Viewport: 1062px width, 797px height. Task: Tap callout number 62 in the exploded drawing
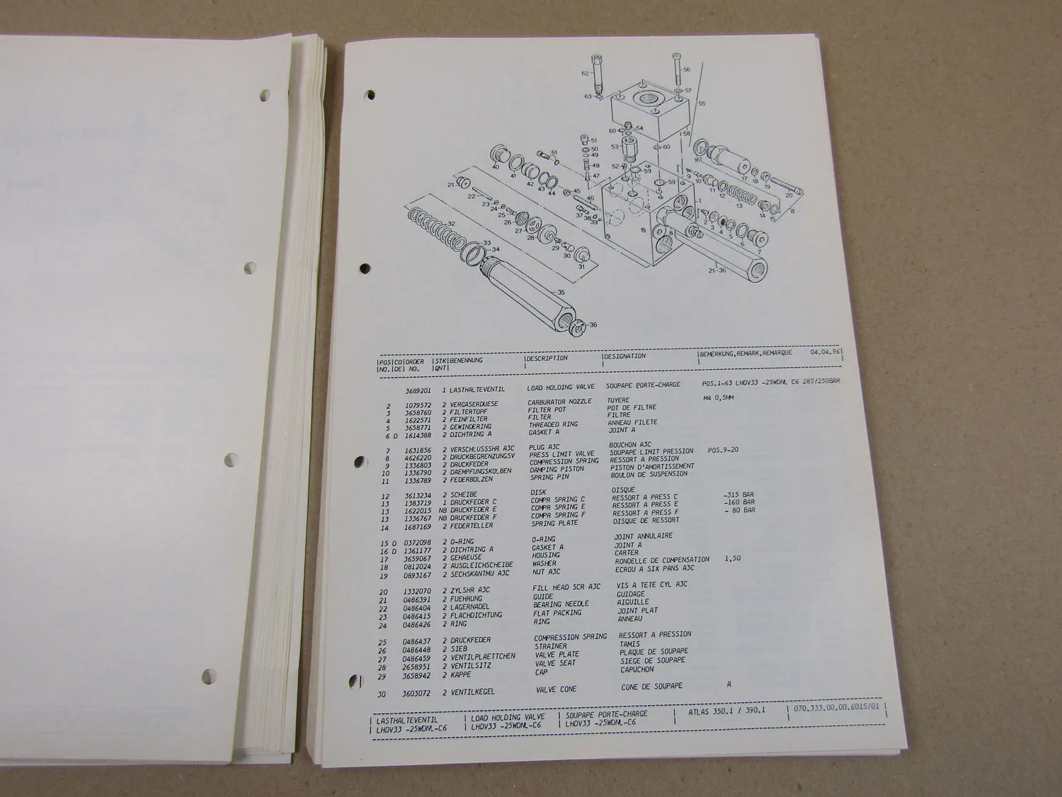(x=585, y=73)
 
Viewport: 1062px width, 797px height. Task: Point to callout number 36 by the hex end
(x=593, y=325)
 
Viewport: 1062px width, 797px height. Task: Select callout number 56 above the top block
(x=686, y=69)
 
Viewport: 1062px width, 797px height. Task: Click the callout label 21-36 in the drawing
(x=718, y=269)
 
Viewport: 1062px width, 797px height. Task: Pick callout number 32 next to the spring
(x=451, y=224)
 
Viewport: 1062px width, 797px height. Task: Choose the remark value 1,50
(x=733, y=558)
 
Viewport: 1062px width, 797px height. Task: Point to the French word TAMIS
(x=629, y=644)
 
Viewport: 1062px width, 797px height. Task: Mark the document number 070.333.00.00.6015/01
(x=835, y=707)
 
